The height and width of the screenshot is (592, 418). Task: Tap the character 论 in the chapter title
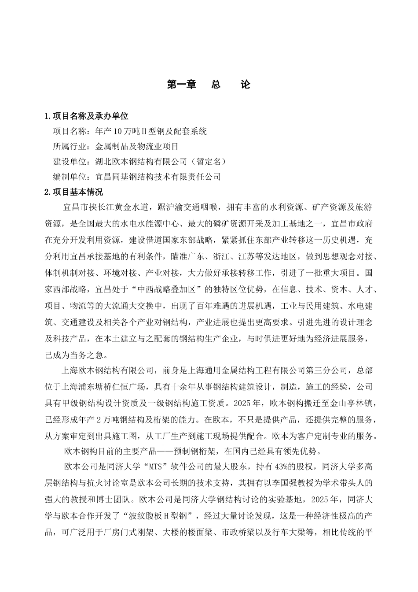click(x=246, y=85)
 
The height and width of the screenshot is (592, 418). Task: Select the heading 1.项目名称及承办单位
click(x=87, y=116)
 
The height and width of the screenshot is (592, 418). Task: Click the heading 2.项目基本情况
click(x=74, y=192)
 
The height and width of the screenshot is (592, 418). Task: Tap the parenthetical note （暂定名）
click(x=207, y=162)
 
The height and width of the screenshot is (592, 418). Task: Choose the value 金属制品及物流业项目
click(x=137, y=147)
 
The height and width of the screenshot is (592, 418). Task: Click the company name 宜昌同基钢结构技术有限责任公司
click(x=158, y=177)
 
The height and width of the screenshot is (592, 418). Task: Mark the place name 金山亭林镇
click(x=352, y=403)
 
